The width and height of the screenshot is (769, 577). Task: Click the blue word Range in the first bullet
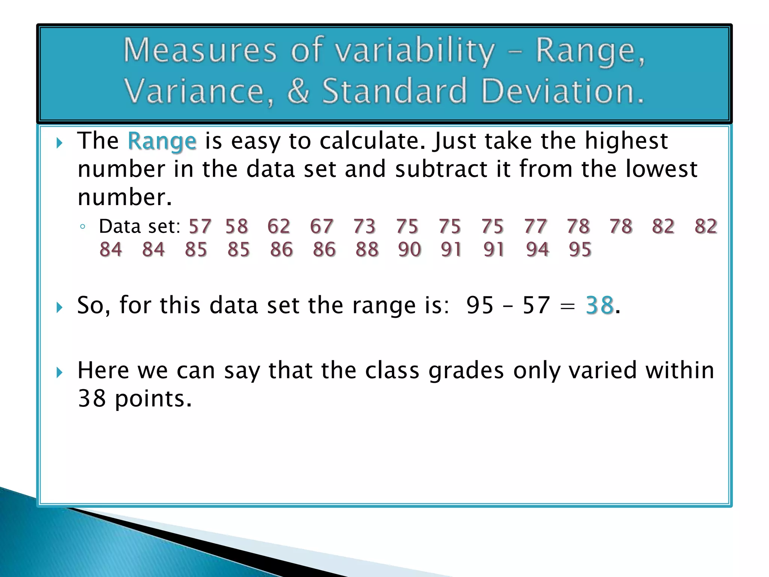pyautogui.click(x=162, y=142)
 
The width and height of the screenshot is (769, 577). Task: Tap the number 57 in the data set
pyautogui.click(x=200, y=227)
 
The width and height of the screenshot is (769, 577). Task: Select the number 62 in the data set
pyautogui.click(x=279, y=227)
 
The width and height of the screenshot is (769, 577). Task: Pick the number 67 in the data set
pyautogui.click(x=321, y=227)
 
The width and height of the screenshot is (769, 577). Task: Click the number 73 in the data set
pyautogui.click(x=364, y=227)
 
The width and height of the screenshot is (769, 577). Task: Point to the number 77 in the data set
pyautogui.click(x=535, y=227)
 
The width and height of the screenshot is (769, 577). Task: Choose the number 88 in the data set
pyautogui.click(x=367, y=249)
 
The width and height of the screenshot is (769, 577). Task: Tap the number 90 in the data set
pyautogui.click(x=410, y=249)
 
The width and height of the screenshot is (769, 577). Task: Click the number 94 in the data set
pyautogui.click(x=538, y=249)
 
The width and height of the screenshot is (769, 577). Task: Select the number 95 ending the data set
pyautogui.click(x=580, y=249)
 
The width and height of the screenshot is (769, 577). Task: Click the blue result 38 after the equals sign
pyautogui.click(x=600, y=305)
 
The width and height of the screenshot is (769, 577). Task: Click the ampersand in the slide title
pyautogui.click(x=299, y=91)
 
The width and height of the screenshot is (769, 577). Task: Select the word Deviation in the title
pyautogui.click(x=562, y=91)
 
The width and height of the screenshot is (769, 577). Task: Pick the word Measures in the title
pyautogui.click(x=200, y=50)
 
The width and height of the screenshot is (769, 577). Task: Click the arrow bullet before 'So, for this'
pyautogui.click(x=59, y=308)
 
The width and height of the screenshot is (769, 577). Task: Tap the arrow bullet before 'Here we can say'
pyautogui.click(x=59, y=373)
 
